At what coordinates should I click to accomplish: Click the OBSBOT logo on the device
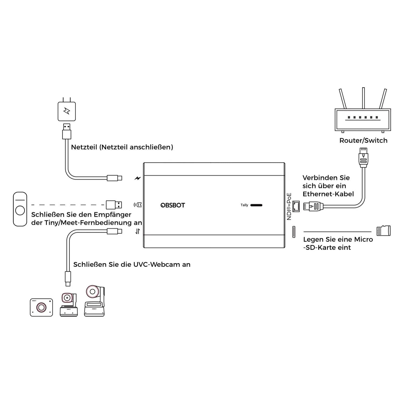coord(173,205)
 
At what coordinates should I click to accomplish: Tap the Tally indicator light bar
coord(256,205)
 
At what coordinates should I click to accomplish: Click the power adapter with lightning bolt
coord(67,111)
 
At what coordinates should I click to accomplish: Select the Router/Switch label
coord(363,140)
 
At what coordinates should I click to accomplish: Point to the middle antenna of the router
coord(363,98)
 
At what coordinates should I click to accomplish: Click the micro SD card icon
coord(384,231)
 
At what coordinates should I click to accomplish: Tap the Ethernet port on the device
coord(296,206)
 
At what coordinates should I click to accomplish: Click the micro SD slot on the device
coord(294,232)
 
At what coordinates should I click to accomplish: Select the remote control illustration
coord(20,209)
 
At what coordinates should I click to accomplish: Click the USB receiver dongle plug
coord(114,205)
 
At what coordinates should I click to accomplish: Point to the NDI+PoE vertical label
coord(289,206)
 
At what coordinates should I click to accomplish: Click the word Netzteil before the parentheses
coord(84,147)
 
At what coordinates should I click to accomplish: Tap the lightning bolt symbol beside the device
coord(138,178)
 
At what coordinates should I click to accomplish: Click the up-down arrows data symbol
coord(138,231)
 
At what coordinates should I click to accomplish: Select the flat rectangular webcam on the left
coord(41,307)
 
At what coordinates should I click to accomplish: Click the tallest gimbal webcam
coord(94,301)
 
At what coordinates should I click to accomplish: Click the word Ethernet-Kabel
coord(328,194)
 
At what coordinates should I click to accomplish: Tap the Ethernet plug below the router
coord(363,158)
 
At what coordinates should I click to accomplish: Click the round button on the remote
coord(20,210)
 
